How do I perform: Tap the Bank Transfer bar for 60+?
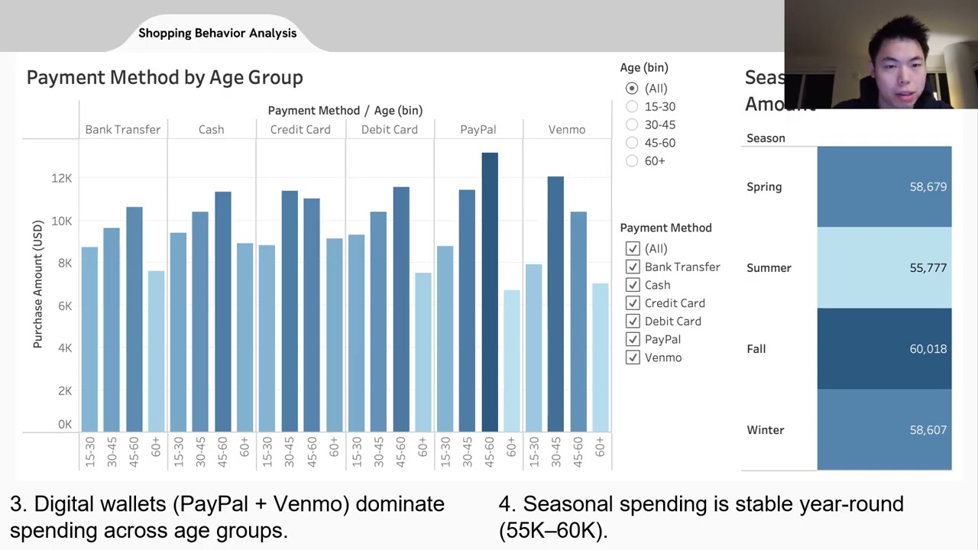click(x=156, y=351)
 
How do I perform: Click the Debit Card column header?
click(x=389, y=130)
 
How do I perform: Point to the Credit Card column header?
click(x=300, y=130)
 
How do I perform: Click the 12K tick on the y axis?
click(x=61, y=178)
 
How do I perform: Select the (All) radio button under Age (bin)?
click(x=632, y=89)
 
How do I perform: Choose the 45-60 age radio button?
click(x=632, y=143)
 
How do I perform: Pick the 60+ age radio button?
click(x=632, y=161)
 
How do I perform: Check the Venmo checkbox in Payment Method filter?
click(x=633, y=357)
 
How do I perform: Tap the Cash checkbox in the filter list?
click(x=633, y=285)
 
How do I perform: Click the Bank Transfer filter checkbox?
click(x=633, y=267)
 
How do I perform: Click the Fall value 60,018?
click(x=928, y=349)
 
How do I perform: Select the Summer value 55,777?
click(x=928, y=268)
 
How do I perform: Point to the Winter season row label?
click(x=765, y=430)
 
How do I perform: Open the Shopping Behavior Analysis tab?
click(x=217, y=33)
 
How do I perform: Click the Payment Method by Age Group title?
click(x=165, y=77)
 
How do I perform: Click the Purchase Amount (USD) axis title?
click(x=37, y=284)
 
